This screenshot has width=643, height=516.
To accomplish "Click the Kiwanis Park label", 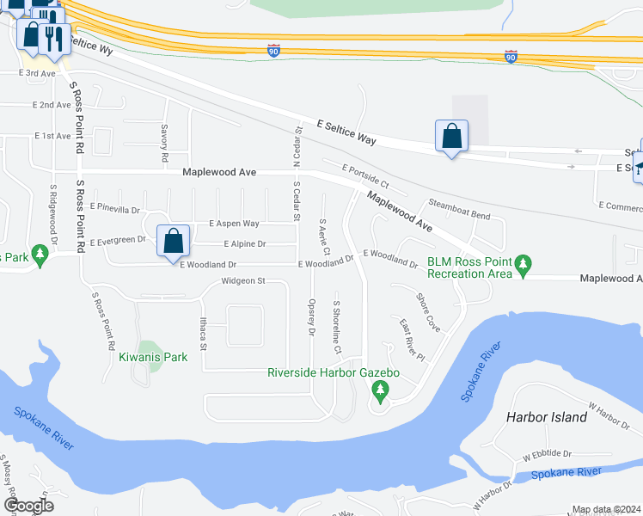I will click(x=153, y=356).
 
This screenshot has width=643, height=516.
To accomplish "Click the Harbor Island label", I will click(x=547, y=417).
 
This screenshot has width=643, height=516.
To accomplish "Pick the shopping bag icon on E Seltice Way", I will click(x=451, y=136).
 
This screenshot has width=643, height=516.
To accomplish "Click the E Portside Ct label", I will click(x=365, y=177).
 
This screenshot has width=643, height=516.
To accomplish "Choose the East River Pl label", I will click(x=412, y=339).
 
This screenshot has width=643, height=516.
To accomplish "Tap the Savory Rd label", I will click(x=162, y=144).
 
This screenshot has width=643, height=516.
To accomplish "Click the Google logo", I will click(x=29, y=506).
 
